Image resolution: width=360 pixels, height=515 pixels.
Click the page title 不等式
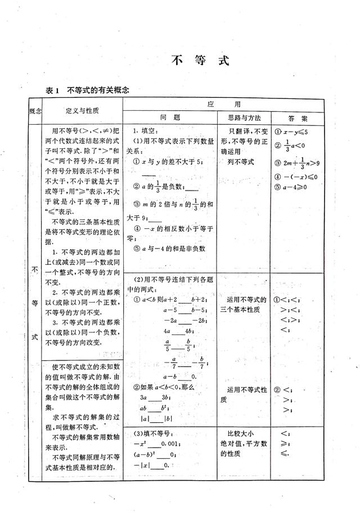point(200,61)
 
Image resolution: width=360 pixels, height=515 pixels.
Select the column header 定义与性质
point(82,111)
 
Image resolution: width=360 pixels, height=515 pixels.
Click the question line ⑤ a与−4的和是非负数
point(169,249)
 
